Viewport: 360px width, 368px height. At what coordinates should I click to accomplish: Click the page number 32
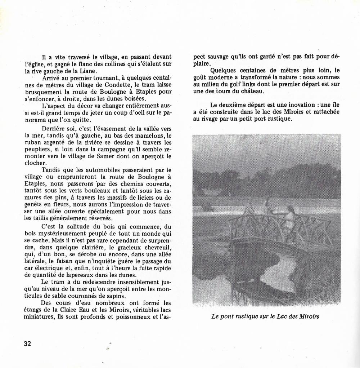28,343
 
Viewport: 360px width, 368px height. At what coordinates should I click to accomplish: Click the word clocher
33,163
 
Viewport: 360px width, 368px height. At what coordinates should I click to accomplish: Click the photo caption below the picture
266,317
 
